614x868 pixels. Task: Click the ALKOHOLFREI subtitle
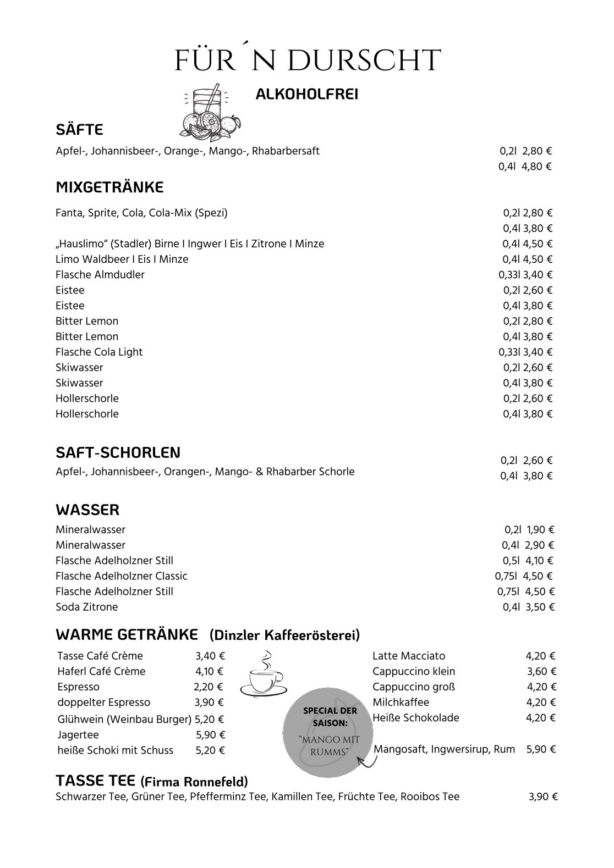coord(307,95)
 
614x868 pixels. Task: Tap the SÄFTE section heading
coord(79,130)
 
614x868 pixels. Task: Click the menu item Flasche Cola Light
coord(99,352)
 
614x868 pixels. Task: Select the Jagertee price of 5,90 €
coord(211,734)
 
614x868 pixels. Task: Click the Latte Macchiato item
coord(409,656)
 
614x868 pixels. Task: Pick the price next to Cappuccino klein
coord(541,671)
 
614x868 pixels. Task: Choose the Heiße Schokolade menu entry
coord(415,717)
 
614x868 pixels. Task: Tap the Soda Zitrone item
coord(87,607)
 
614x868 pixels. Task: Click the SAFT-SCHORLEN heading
coord(118,452)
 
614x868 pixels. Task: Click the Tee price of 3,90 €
coord(543,797)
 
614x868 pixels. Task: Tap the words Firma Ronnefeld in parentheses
coord(195,781)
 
